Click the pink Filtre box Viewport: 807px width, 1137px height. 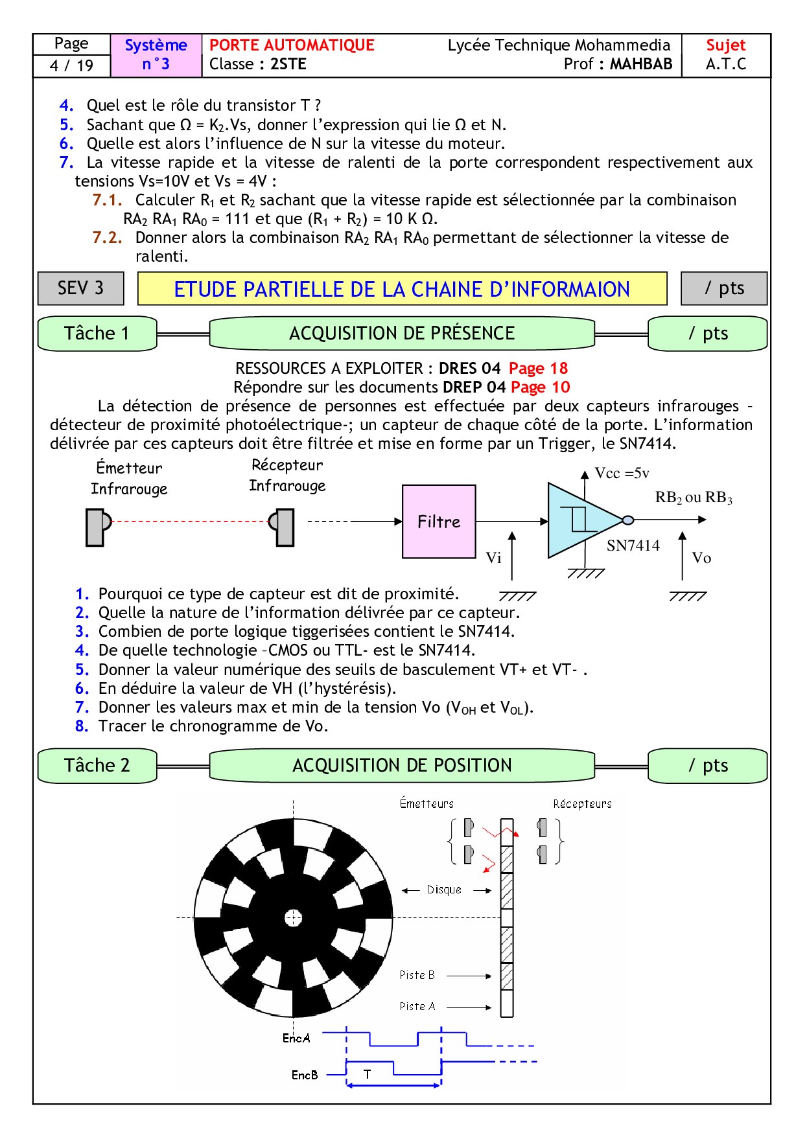[x=439, y=522]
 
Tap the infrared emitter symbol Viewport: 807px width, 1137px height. [x=97, y=527]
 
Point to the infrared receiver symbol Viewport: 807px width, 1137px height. [x=283, y=527]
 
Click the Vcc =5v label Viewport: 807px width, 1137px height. [x=622, y=474]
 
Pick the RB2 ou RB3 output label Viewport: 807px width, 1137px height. [x=693, y=498]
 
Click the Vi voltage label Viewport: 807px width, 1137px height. [x=493, y=558]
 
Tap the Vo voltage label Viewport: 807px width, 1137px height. [x=701, y=558]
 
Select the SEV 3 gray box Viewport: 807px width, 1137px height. [x=81, y=288]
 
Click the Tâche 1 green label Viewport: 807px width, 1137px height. [x=97, y=334]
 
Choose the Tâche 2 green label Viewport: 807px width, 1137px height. [x=97, y=766]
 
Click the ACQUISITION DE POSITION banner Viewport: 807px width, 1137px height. [x=402, y=766]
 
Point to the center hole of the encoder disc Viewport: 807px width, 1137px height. [x=294, y=917]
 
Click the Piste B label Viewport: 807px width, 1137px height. [x=417, y=975]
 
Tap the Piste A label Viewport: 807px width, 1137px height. [x=417, y=1006]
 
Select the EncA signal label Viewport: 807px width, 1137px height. [x=296, y=1038]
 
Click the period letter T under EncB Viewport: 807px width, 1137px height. [x=367, y=1074]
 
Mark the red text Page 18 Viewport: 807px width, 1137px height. [x=538, y=369]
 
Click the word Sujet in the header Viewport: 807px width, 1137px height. [x=725, y=45]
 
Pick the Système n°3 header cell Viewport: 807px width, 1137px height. [x=156, y=55]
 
